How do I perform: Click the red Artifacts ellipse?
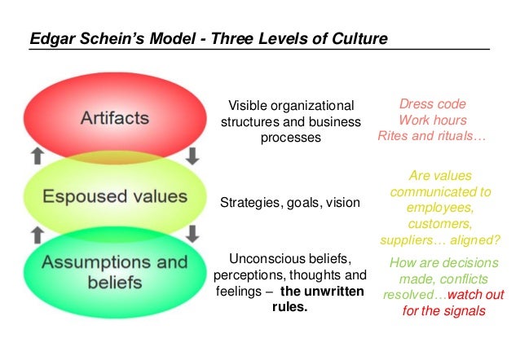pos(115,118)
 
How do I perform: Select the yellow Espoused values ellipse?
pos(115,196)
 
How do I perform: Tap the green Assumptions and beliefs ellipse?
pos(115,272)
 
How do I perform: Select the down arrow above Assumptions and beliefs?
pos(192,235)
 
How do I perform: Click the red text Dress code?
pos(432,104)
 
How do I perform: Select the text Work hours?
pos(432,120)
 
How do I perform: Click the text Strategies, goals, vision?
pos(290,201)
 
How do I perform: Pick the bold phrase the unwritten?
pos(324,292)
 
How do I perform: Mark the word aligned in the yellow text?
pos(466,240)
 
